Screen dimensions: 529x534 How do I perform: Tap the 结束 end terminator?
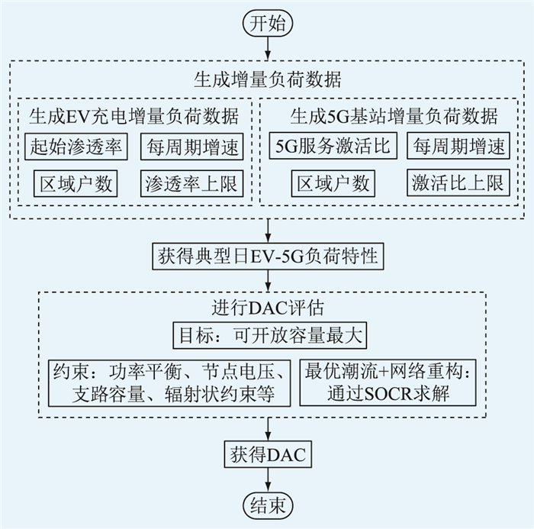coord(267,505)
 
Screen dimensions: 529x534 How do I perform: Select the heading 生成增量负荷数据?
coord(267,79)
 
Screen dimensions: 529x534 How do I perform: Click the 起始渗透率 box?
coord(76,146)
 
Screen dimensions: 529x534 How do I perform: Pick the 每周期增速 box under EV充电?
coord(192,146)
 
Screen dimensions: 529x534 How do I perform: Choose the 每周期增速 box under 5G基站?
coord(458,146)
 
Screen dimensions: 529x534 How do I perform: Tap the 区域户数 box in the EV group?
coord(76,183)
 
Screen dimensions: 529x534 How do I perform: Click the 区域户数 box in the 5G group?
coord(333,183)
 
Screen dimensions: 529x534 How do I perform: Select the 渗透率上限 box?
coord(192,183)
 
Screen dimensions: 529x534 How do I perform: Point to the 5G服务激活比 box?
coord(333,146)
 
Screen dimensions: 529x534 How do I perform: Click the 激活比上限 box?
coord(458,183)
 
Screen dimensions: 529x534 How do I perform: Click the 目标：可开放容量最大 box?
coord(267,334)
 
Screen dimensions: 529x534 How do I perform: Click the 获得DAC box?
coord(267,455)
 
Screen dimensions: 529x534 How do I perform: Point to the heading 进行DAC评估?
coord(267,310)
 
